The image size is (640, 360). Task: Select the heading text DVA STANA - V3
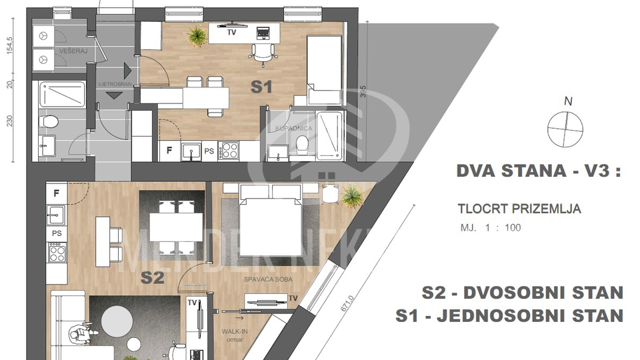click(538, 171)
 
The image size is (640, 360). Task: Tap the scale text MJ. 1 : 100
click(491, 227)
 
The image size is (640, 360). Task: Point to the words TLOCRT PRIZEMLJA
click(519, 209)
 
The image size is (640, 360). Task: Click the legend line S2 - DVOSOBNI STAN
click(523, 293)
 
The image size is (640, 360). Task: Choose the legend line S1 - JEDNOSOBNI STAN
click(509, 315)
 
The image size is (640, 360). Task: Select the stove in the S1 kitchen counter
click(230, 151)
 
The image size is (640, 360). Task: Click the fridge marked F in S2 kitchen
click(57, 193)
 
